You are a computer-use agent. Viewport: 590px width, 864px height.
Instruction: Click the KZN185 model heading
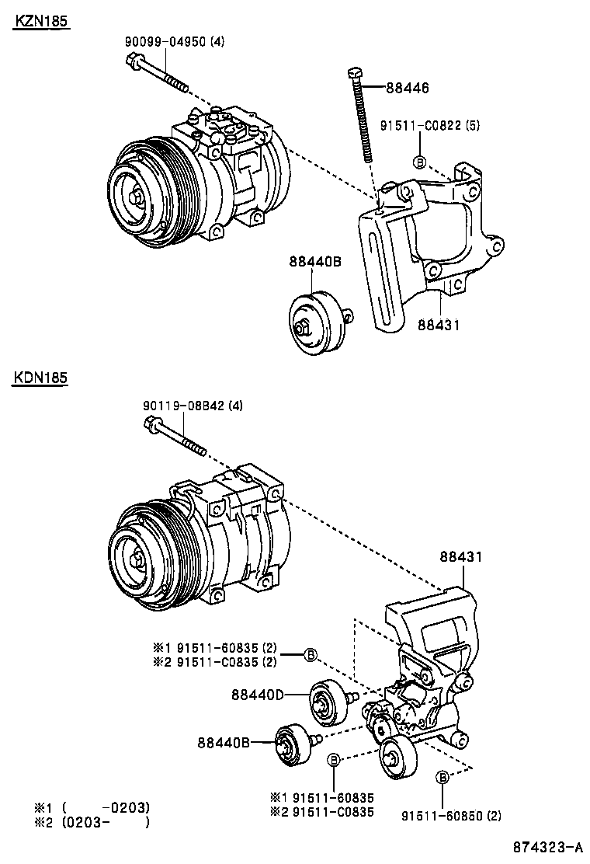coord(40,23)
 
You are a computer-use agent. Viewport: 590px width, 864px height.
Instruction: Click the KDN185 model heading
coord(40,378)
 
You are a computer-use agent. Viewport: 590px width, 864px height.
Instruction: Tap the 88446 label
coord(407,89)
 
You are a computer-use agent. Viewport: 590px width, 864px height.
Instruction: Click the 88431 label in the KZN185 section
coord(439,325)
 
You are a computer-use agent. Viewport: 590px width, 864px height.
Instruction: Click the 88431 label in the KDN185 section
coord(461,558)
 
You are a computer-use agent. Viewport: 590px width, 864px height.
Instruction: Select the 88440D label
coord(257,694)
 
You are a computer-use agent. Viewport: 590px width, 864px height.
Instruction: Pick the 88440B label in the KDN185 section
coord(223,743)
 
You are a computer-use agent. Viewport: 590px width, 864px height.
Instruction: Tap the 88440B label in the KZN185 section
coord(315,262)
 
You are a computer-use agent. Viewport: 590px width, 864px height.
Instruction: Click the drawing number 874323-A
coord(547,847)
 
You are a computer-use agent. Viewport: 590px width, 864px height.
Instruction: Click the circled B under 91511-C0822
coord(419,162)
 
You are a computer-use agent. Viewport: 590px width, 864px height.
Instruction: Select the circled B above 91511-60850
coord(442,778)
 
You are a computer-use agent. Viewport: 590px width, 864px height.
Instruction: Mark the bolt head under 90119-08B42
coord(152,424)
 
